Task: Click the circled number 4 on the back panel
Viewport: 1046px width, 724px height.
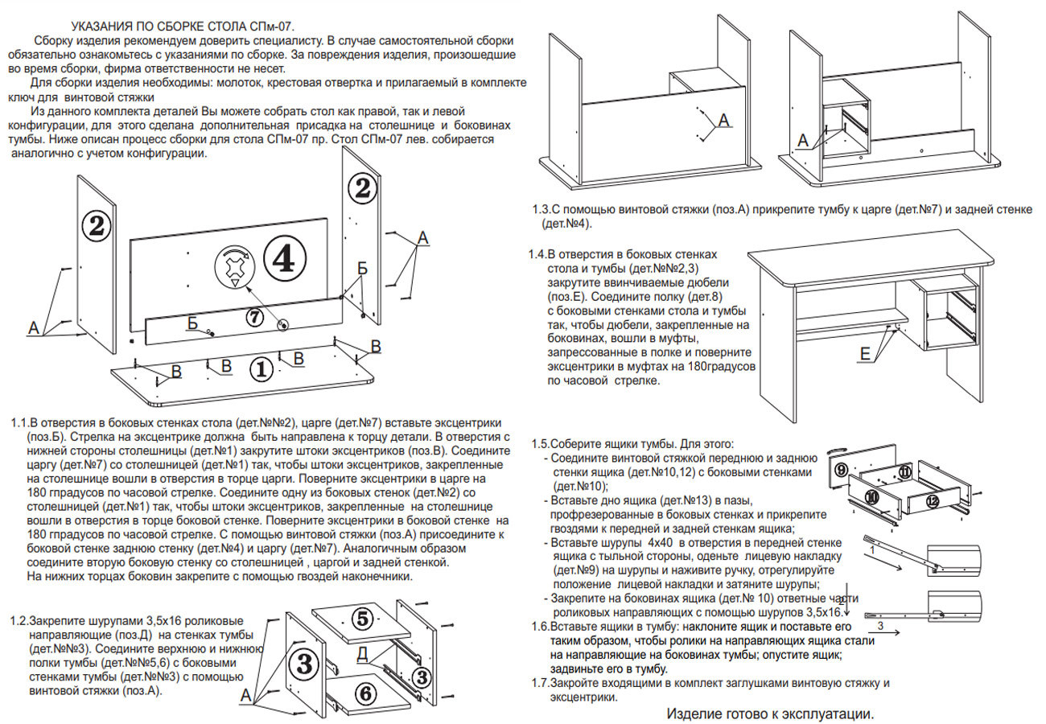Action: [x=286, y=260]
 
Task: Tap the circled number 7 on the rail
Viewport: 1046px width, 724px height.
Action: [x=254, y=317]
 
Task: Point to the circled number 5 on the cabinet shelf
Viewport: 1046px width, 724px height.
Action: [x=362, y=619]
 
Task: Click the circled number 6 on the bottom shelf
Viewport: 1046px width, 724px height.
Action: [x=363, y=693]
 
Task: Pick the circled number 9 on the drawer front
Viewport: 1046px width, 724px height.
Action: [x=841, y=468]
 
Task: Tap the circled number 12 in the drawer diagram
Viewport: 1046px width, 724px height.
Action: [x=932, y=500]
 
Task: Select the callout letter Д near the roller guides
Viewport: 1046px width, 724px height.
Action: [x=363, y=653]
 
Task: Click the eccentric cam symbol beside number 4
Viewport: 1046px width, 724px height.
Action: [x=234, y=265]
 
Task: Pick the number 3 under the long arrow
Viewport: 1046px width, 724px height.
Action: [x=880, y=624]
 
